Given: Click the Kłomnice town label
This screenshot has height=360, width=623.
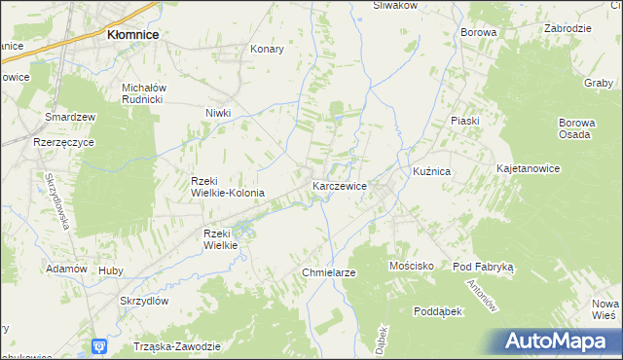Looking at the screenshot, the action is [133, 34].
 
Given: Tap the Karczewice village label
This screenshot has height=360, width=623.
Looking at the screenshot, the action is [339, 184].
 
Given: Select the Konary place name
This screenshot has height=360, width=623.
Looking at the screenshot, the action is [267, 49].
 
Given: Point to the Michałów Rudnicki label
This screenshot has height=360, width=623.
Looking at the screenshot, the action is [146, 92].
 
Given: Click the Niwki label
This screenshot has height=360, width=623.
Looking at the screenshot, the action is [218, 113].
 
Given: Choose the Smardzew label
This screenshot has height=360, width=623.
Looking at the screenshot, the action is [70, 117].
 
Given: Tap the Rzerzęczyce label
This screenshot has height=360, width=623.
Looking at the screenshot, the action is [62, 141].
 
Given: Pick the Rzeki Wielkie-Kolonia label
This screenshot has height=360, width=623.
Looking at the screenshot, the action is [228, 187].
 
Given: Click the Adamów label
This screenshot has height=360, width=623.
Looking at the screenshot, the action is [66, 269].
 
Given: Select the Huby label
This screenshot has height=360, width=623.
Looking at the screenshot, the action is [110, 270].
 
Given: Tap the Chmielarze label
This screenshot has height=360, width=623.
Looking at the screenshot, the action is [329, 273].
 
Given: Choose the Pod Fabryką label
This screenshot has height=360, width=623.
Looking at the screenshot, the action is [489, 266].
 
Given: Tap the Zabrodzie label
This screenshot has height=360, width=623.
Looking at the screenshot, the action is [568, 28].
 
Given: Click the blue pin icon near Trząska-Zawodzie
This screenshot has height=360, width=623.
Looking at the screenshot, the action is [99, 345].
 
